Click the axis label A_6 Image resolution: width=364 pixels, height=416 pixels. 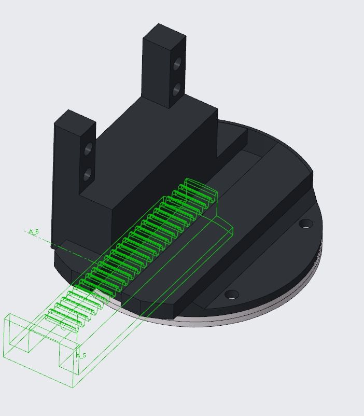pyautogui.click(x=34, y=231)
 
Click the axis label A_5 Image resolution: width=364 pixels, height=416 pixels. pyautogui.click(x=81, y=355)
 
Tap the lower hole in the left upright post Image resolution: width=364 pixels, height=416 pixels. pyautogui.click(x=88, y=174)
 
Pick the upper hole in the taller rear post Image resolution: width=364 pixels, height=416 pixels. pyautogui.click(x=177, y=63)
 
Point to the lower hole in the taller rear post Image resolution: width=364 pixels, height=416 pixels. pyautogui.click(x=176, y=89)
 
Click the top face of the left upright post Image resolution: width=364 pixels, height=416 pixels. pyautogui.click(x=75, y=122)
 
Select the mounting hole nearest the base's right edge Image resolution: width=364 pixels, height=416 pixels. pyautogui.click(x=306, y=224)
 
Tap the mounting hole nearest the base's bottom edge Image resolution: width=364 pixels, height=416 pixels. pyautogui.click(x=232, y=294)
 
